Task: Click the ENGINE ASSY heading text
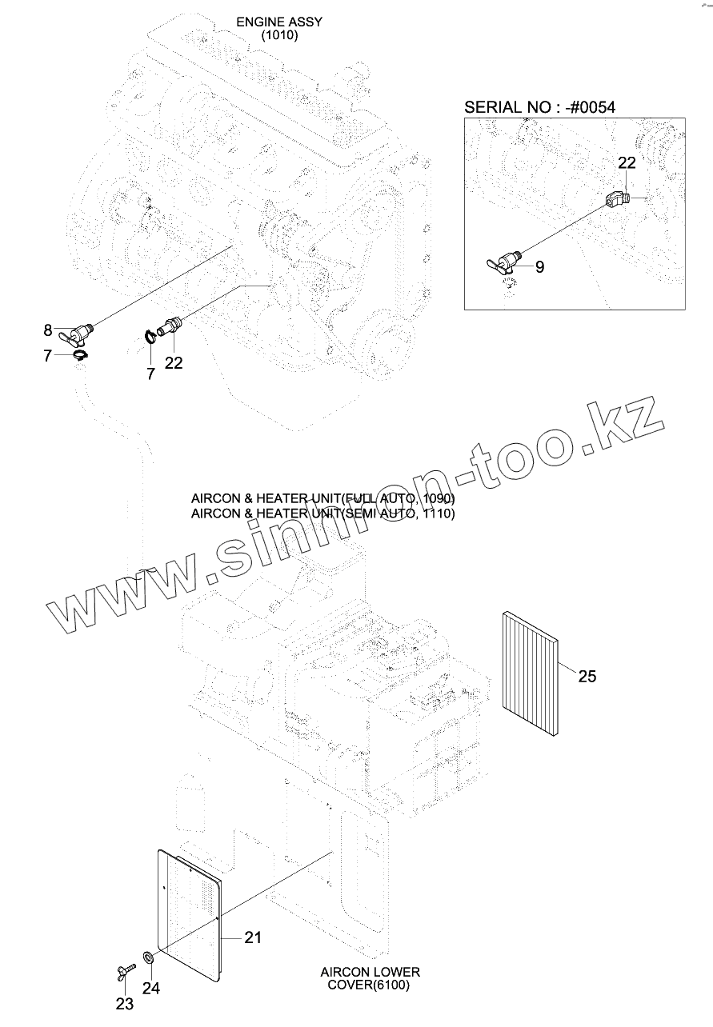[x=279, y=22]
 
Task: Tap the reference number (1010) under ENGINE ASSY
[x=279, y=36]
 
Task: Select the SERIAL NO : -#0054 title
[x=539, y=107]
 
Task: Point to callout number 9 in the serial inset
[x=539, y=267]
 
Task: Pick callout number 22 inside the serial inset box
[x=627, y=162]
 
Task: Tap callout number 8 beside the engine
[x=48, y=330]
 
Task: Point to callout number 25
[x=587, y=677]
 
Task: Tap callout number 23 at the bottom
[x=125, y=1005]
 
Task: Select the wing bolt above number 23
[x=125, y=972]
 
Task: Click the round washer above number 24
[x=149, y=957]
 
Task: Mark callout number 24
[x=151, y=989]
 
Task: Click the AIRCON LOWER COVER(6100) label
[x=370, y=978]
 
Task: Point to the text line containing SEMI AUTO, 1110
[x=322, y=513]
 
